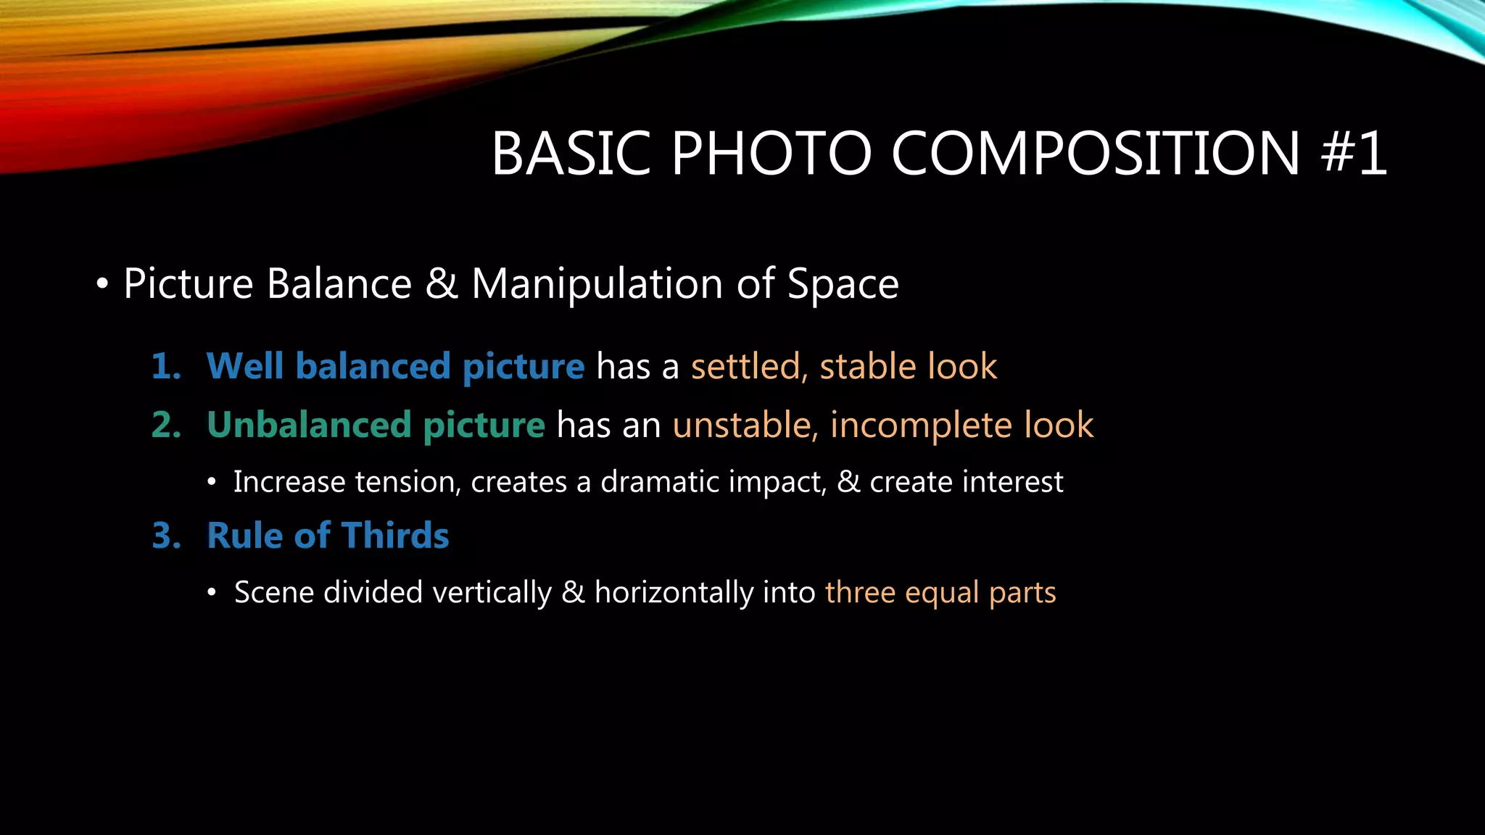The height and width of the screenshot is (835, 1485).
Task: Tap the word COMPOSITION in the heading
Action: click(1096, 154)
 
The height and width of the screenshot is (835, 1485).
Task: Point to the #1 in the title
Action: click(1354, 154)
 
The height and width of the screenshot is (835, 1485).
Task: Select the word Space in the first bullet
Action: click(843, 283)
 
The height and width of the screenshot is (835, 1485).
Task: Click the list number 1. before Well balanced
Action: click(166, 366)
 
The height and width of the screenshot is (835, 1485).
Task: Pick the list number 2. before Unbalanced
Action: click(166, 425)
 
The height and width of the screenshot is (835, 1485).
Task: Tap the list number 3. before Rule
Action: click(166, 536)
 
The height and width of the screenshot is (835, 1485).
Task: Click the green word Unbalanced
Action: click(308, 425)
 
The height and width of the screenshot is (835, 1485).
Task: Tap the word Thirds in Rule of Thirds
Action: click(395, 536)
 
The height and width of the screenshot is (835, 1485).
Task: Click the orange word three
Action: click(860, 593)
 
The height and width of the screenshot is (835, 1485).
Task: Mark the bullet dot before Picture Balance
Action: click(102, 284)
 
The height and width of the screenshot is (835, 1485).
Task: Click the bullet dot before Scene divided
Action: click(212, 593)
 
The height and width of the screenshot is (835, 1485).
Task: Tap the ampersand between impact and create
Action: click(848, 482)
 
